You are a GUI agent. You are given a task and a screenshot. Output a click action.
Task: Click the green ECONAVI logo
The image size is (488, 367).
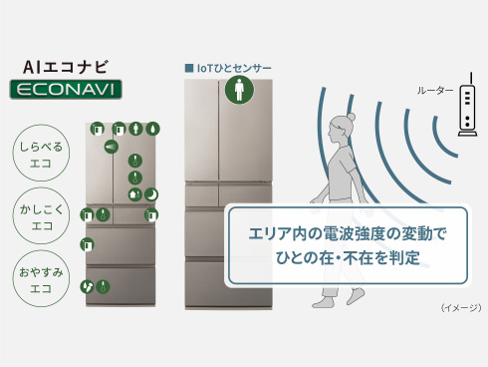[66, 90]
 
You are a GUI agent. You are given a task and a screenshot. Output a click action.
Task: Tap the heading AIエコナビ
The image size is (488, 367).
[66, 67]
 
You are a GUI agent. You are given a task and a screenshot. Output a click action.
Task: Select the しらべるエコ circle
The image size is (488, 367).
[41, 153]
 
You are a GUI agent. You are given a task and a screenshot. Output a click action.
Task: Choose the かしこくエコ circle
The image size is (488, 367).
[41, 215]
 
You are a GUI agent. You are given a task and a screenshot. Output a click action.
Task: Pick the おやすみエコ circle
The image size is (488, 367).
[41, 278]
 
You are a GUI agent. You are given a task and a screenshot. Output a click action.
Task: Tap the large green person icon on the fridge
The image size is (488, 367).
[239, 90]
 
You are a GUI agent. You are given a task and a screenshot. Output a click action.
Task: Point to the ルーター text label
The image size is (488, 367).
[435, 91]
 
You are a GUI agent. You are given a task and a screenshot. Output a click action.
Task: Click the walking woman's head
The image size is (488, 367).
[341, 128]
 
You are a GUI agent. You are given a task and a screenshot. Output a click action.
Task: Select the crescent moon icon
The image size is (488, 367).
[151, 194]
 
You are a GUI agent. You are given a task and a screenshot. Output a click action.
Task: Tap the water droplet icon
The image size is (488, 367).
[152, 129]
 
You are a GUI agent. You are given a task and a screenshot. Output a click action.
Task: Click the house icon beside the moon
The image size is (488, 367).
[134, 194]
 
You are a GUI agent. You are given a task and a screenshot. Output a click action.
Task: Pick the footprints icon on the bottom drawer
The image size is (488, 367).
[87, 286]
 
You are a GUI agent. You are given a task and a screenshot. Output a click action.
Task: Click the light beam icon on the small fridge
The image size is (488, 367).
[112, 147]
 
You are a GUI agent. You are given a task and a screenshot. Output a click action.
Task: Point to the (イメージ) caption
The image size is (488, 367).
[461, 308]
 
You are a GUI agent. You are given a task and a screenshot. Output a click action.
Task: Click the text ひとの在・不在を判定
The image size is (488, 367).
[348, 258]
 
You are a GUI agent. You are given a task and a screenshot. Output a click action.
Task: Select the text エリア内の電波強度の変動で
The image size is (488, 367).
[348, 233]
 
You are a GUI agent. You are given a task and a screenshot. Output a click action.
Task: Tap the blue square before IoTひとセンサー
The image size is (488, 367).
[189, 68]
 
